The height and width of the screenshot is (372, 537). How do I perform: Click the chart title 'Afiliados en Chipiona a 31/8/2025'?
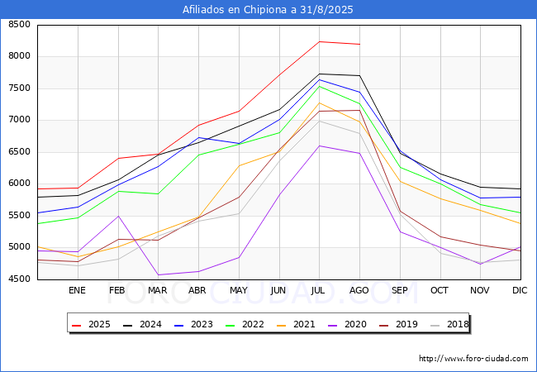pos(268,10)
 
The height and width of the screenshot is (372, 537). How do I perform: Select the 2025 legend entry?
pos(91,324)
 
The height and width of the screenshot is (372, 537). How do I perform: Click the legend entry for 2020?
pos(347,324)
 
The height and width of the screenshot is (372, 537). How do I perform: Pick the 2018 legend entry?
pos(449,324)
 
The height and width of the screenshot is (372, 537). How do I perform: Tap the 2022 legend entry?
pos(245,324)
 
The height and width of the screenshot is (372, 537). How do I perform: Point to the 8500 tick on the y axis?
pos(20,24)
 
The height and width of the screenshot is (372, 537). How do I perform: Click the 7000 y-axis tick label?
pos(20,120)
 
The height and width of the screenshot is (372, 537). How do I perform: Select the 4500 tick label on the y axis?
pos(20,279)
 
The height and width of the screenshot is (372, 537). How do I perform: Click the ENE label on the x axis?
pos(77,290)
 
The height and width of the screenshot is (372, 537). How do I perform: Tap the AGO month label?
pos(359,290)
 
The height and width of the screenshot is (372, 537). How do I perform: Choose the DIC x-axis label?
pos(520,290)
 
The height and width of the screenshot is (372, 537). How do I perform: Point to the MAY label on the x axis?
pos(239,290)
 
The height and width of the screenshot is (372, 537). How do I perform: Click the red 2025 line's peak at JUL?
pos(319,42)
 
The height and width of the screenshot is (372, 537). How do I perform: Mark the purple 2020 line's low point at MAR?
pos(159,274)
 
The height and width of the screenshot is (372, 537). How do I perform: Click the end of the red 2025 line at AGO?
pos(359,44)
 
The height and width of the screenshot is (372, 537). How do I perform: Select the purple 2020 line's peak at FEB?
pos(118,216)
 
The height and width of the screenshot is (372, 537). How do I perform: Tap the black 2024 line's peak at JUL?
pos(319,74)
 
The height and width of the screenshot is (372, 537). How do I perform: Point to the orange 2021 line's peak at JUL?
pos(319,103)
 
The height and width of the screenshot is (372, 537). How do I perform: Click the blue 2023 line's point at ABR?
pos(198,138)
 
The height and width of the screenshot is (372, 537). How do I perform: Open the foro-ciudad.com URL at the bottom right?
pos(473,359)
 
